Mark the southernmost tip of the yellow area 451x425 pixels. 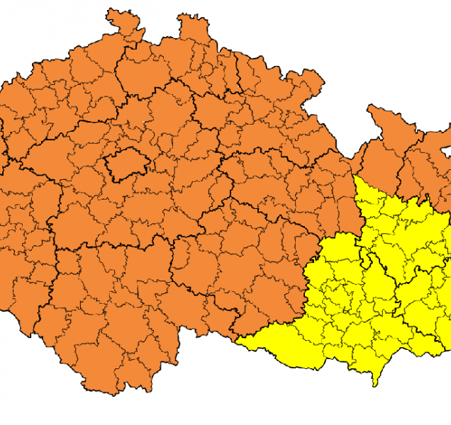pyautogui.click(x=375, y=385)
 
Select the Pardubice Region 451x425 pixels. pyautogui.click(x=284, y=184)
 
